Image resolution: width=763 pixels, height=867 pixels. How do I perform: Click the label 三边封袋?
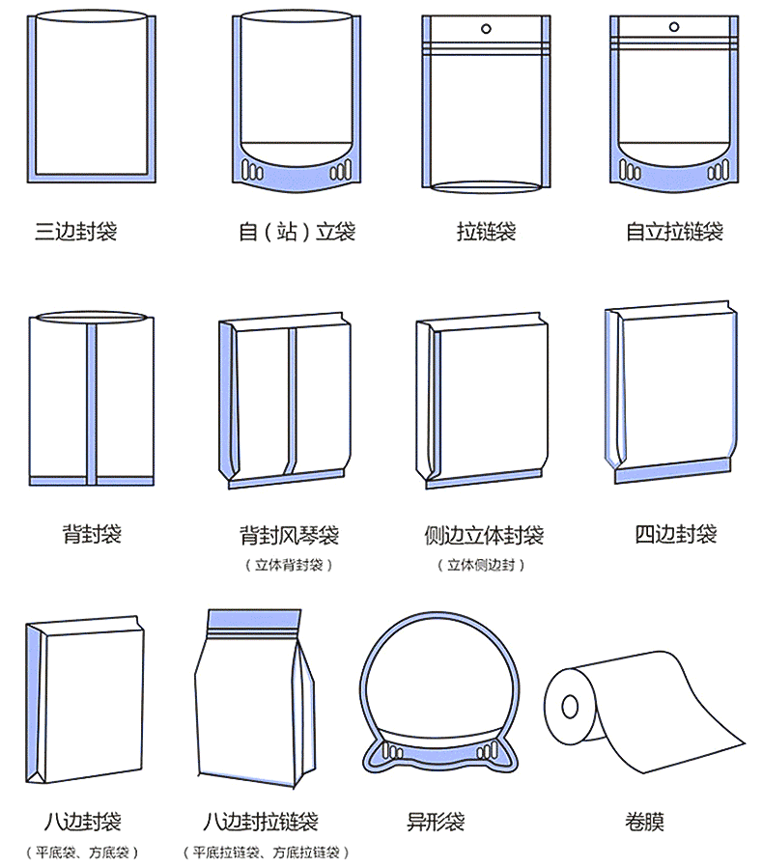[x=75, y=231]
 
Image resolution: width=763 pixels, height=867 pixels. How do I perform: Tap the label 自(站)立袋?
[x=297, y=231]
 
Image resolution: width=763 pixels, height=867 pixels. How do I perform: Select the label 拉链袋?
[x=486, y=231]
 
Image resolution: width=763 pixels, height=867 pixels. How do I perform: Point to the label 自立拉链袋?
[x=674, y=231]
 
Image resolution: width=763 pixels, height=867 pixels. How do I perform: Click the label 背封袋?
[x=92, y=534]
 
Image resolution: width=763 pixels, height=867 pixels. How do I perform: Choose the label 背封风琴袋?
[x=289, y=535]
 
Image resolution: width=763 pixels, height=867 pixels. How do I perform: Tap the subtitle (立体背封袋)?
[x=289, y=565]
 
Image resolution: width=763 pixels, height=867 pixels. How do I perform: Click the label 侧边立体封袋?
[x=484, y=535]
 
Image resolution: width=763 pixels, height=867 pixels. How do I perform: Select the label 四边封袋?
[x=675, y=534]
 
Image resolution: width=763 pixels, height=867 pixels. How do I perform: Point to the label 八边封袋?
[x=82, y=822]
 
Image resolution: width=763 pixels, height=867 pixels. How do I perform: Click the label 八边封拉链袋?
[x=260, y=822]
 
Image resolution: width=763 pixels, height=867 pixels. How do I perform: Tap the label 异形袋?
[x=436, y=822]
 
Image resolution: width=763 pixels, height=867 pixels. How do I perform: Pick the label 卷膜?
[x=644, y=822]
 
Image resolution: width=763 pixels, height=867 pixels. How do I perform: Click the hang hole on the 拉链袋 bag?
[x=487, y=29]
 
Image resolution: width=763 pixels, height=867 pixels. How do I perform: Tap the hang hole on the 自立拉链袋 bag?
[x=674, y=26]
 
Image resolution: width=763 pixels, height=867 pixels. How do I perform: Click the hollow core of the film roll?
[x=570, y=706]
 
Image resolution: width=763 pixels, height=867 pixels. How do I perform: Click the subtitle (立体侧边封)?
[x=481, y=565]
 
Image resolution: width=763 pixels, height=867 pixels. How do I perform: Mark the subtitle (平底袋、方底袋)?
[x=82, y=853]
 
